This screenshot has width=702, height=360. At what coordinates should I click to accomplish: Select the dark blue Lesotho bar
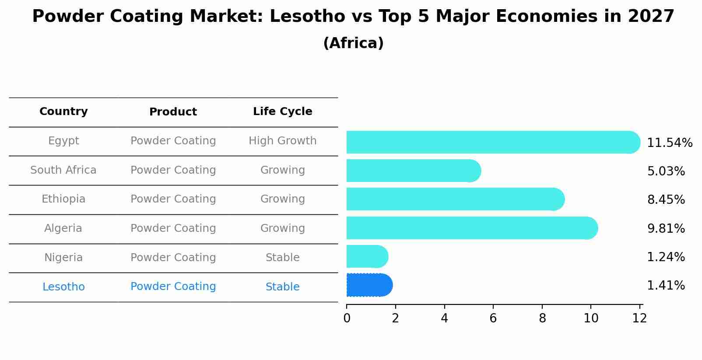[369, 285]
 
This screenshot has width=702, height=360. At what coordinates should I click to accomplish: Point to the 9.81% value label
[666, 228]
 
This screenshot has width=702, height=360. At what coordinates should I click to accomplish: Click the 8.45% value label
[666, 200]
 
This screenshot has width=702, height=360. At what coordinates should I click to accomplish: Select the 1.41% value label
[666, 286]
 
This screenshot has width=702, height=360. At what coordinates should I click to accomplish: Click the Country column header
[63, 112]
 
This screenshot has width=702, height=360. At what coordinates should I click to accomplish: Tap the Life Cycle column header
[282, 112]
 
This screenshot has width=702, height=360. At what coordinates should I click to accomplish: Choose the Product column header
[173, 112]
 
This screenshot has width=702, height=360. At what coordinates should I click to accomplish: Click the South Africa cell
[63, 170]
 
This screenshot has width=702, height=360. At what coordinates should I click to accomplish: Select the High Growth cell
[282, 141]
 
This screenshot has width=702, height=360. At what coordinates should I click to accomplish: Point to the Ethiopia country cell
[63, 199]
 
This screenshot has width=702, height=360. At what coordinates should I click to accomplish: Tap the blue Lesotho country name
[63, 287]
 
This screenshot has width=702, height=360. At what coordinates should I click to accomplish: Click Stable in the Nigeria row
[282, 258]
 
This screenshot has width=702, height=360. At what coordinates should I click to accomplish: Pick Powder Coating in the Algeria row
[173, 228]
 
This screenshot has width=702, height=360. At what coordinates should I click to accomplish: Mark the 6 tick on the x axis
[493, 318]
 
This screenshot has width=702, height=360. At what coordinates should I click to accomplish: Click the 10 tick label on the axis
[591, 318]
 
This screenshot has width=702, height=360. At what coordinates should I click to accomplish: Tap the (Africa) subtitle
[353, 43]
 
